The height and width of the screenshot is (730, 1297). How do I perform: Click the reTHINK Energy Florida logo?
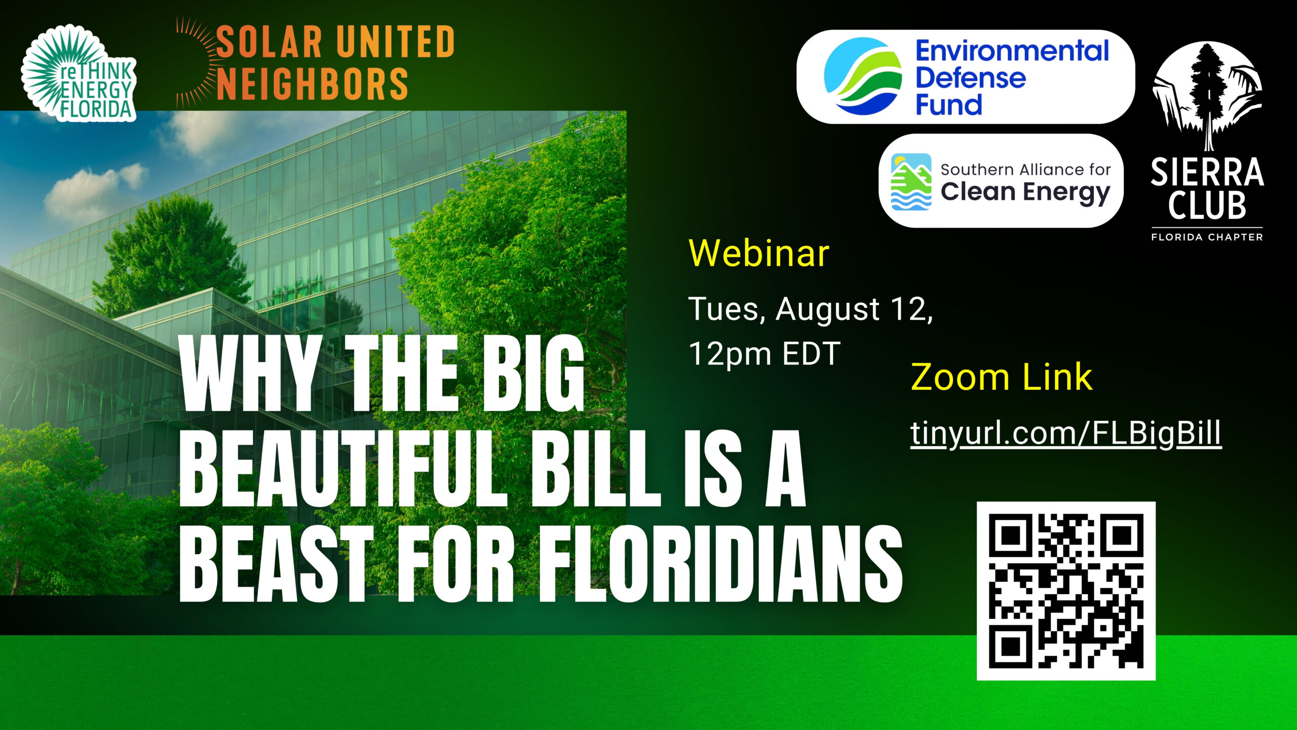[79, 74]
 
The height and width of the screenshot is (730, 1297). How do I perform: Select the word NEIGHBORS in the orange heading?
[312, 84]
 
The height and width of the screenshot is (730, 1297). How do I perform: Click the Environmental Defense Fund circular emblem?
[863, 76]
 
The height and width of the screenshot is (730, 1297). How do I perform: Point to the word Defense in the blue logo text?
[970, 78]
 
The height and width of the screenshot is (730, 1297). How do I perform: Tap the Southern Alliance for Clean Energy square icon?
[911, 181]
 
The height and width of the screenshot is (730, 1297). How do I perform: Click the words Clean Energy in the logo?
[1025, 193]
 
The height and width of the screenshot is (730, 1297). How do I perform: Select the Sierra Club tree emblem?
[1207, 96]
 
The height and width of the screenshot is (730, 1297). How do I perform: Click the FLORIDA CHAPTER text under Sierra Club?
[1207, 237]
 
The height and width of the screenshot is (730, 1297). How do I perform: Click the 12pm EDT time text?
[764, 354]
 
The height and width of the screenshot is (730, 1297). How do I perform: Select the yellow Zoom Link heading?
[1001, 377]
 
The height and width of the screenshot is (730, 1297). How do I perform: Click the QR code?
[1066, 591]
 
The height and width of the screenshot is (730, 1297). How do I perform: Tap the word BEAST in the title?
[276, 564]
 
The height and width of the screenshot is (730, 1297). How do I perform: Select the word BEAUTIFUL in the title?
[343, 469]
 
